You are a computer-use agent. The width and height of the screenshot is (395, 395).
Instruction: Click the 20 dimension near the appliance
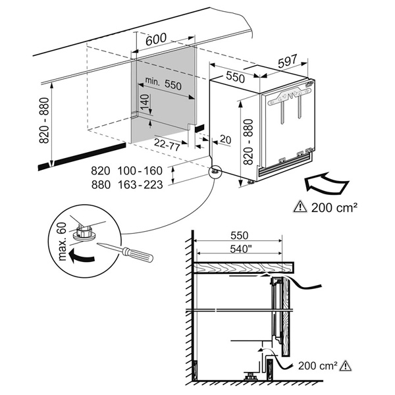(x=226, y=140)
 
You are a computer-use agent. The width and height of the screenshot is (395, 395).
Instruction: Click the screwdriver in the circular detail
(x=128, y=252)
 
